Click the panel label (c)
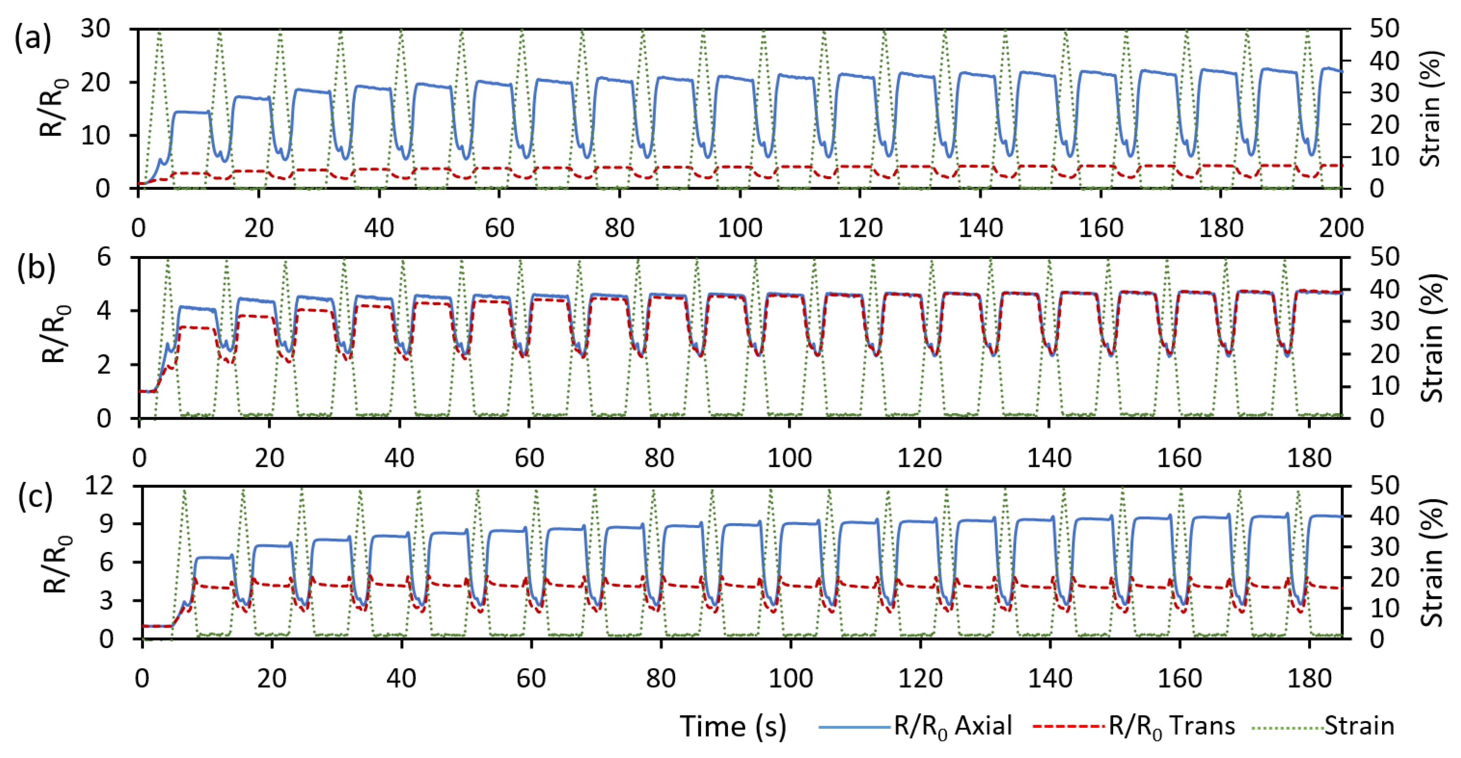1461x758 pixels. coord(35,496)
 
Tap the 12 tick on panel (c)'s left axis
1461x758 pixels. coord(98,486)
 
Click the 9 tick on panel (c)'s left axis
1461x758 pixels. coord(106,524)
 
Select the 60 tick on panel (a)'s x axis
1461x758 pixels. coord(499,228)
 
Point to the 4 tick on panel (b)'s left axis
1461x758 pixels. coord(104,311)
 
